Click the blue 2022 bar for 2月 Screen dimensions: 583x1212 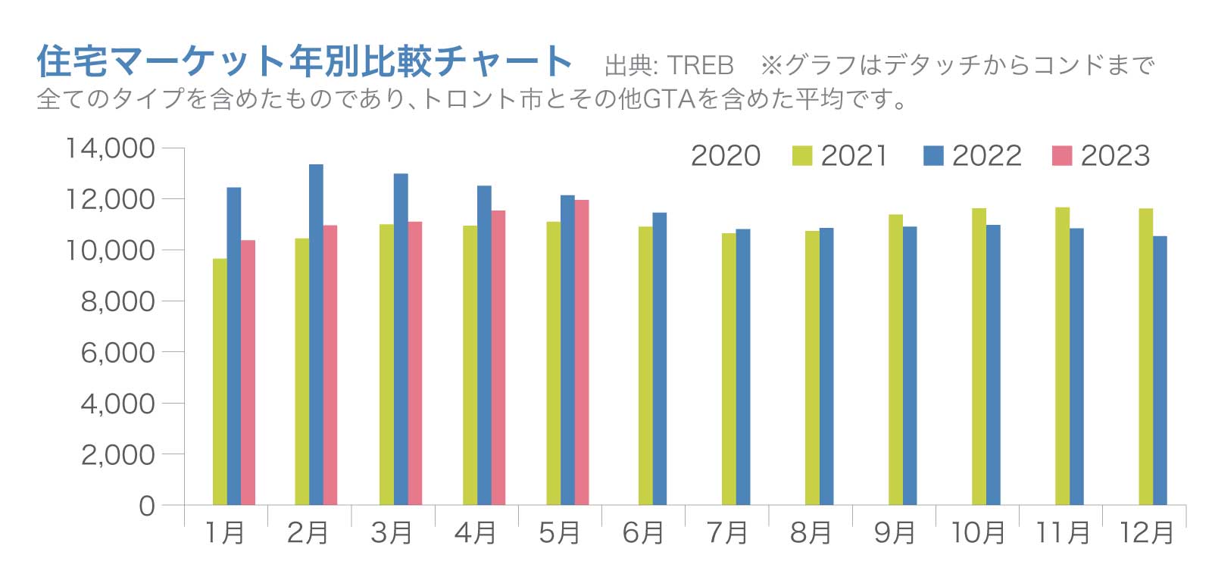(x=316, y=335)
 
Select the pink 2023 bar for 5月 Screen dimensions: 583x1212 (x=582, y=352)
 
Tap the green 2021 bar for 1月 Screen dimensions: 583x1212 (x=220, y=382)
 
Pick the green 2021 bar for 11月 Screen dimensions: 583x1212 (x=1062, y=356)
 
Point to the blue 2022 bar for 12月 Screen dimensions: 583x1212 (x=1160, y=370)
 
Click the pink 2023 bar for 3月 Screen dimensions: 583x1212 (x=415, y=363)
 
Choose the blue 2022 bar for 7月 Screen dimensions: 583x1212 (x=743, y=367)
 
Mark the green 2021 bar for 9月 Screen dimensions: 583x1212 (x=895, y=360)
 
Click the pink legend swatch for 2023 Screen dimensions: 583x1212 (x=1062, y=155)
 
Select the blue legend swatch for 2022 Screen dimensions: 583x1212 (x=933, y=155)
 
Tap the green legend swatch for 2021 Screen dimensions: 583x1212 (x=801, y=155)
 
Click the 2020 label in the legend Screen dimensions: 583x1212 (x=725, y=156)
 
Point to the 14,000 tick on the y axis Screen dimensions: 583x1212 (x=111, y=148)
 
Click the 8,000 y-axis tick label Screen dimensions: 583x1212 (x=118, y=301)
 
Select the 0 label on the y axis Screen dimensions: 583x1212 (x=146, y=506)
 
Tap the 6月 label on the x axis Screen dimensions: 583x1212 (x=643, y=533)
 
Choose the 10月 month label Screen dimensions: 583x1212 (x=977, y=533)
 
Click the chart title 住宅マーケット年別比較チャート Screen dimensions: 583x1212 (x=304, y=61)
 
